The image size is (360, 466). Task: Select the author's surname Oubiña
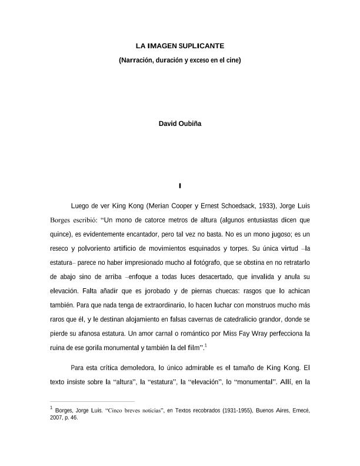click(189, 124)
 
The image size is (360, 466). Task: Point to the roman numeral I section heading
click(180, 187)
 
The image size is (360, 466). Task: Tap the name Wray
click(259, 333)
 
